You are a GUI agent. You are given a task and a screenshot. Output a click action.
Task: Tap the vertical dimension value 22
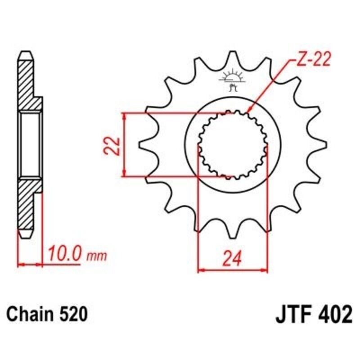[114, 144]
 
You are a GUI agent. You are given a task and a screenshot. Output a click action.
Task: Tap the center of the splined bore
[233, 144]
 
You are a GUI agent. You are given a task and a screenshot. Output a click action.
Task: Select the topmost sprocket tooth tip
[233, 53]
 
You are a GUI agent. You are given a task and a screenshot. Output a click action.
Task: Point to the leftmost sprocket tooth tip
[141, 144]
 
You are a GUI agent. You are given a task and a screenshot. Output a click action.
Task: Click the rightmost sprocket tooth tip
[325, 144]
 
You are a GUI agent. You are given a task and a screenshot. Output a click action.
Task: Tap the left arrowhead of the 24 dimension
[201, 271]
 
